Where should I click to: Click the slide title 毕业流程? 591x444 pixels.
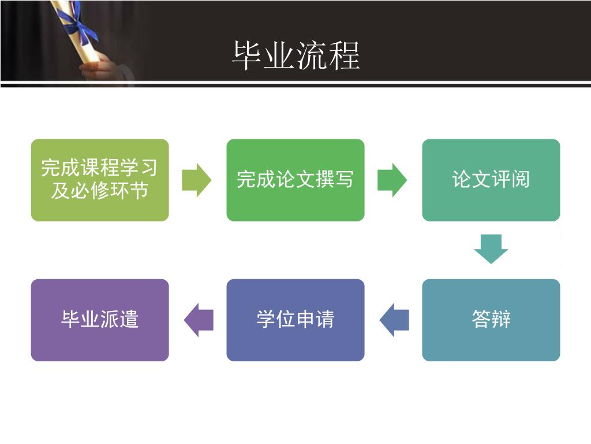pyautogui.click(x=295, y=55)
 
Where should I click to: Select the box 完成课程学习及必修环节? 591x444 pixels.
pyautogui.click(x=100, y=180)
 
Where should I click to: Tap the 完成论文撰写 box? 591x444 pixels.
pyautogui.click(x=295, y=180)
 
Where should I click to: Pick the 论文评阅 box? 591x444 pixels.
pyautogui.click(x=491, y=180)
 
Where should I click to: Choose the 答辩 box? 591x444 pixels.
pyautogui.click(x=491, y=320)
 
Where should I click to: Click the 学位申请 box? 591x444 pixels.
pyautogui.click(x=295, y=320)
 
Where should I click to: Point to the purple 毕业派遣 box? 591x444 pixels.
pyautogui.click(x=100, y=320)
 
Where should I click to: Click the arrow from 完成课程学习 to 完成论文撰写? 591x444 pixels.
pyautogui.click(x=197, y=180)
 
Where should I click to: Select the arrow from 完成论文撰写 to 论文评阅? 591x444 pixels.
pyautogui.click(x=392, y=180)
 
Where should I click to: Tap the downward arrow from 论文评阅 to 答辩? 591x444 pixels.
pyautogui.click(x=491, y=249)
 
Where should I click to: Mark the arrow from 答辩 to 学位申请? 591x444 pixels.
pyautogui.click(x=394, y=320)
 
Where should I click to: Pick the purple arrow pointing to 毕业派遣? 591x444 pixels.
pyautogui.click(x=199, y=320)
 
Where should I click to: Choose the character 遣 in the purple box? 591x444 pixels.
pyautogui.click(x=129, y=320)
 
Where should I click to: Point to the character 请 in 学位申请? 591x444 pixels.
pyautogui.click(x=324, y=320)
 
